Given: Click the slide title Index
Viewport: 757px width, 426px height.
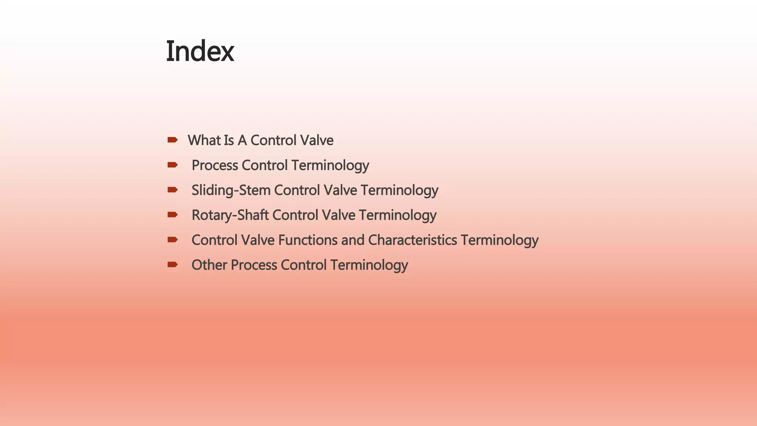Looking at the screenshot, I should tap(200, 51).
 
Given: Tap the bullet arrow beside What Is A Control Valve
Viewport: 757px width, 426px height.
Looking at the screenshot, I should tap(172, 140).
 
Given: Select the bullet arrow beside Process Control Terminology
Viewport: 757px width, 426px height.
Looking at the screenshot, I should tap(172, 165).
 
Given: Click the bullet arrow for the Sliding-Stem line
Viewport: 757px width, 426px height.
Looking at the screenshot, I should tap(172, 190).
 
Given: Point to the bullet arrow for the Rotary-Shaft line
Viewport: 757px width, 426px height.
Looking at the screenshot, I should tap(172, 214).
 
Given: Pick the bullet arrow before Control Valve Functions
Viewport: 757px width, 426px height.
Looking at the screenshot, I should tap(172, 240).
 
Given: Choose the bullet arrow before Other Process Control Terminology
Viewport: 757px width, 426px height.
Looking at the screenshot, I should tap(172, 264).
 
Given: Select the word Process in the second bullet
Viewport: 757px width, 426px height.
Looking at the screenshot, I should tap(215, 165).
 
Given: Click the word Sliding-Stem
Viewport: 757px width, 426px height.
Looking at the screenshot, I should tap(231, 190).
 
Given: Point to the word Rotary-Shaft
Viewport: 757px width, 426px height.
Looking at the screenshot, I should tap(230, 215).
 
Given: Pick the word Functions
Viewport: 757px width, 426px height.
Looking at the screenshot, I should tap(308, 240).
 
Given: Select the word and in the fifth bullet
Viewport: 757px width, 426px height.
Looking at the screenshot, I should tap(353, 240).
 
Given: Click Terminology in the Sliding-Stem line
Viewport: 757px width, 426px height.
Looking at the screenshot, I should tap(400, 190).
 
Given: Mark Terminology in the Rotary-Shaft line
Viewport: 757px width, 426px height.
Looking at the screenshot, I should tap(398, 215).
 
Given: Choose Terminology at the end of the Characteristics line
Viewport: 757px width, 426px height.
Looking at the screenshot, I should tap(499, 240).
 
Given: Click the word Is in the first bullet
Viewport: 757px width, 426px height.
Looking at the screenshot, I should tap(229, 140).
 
